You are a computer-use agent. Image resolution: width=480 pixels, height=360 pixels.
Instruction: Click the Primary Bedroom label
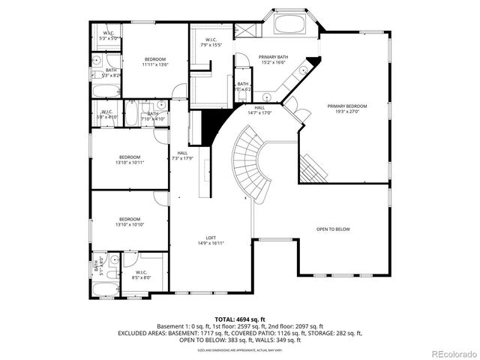343,109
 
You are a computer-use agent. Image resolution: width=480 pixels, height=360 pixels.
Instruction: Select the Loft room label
211,240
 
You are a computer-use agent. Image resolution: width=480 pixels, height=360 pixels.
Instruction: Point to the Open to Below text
332,229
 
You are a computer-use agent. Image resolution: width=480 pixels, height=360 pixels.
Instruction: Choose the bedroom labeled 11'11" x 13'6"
155,61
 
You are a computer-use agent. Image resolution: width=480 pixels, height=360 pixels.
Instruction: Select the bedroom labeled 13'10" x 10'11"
129,160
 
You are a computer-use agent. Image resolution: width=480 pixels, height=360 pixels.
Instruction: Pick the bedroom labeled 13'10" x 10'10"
129,223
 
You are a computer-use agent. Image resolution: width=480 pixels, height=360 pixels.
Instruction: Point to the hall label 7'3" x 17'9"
182,156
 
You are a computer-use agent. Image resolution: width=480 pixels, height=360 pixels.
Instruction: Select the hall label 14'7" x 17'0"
259,110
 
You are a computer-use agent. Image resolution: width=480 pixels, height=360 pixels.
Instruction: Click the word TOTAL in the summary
227,319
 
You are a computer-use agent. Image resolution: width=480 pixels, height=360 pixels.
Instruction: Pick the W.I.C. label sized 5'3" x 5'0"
108,34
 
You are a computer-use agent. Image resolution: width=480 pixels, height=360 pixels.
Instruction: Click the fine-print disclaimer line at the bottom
240,349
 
